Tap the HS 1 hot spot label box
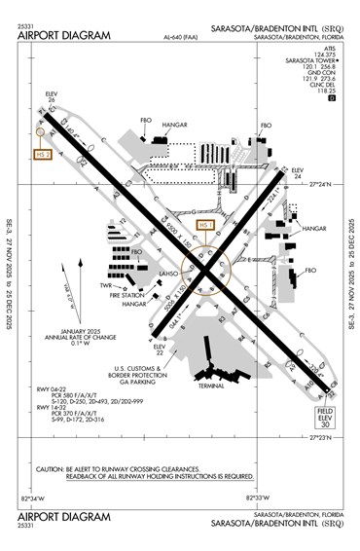click(204, 225)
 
